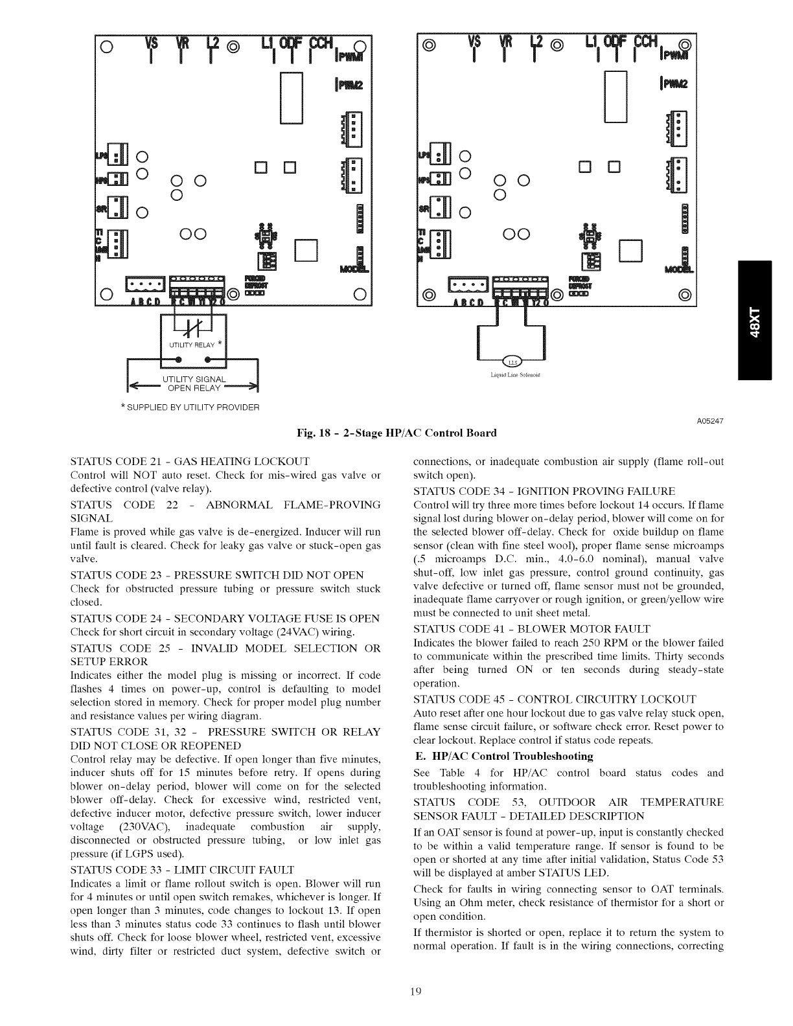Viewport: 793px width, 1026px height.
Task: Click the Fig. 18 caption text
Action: point(396,433)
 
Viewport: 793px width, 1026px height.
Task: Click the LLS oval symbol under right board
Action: point(511,363)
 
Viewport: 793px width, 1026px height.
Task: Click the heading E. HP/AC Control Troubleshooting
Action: point(503,757)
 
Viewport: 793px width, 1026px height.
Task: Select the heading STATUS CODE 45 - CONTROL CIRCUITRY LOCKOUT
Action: point(555,700)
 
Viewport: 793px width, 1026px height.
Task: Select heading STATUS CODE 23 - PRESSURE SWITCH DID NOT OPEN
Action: point(216,575)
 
